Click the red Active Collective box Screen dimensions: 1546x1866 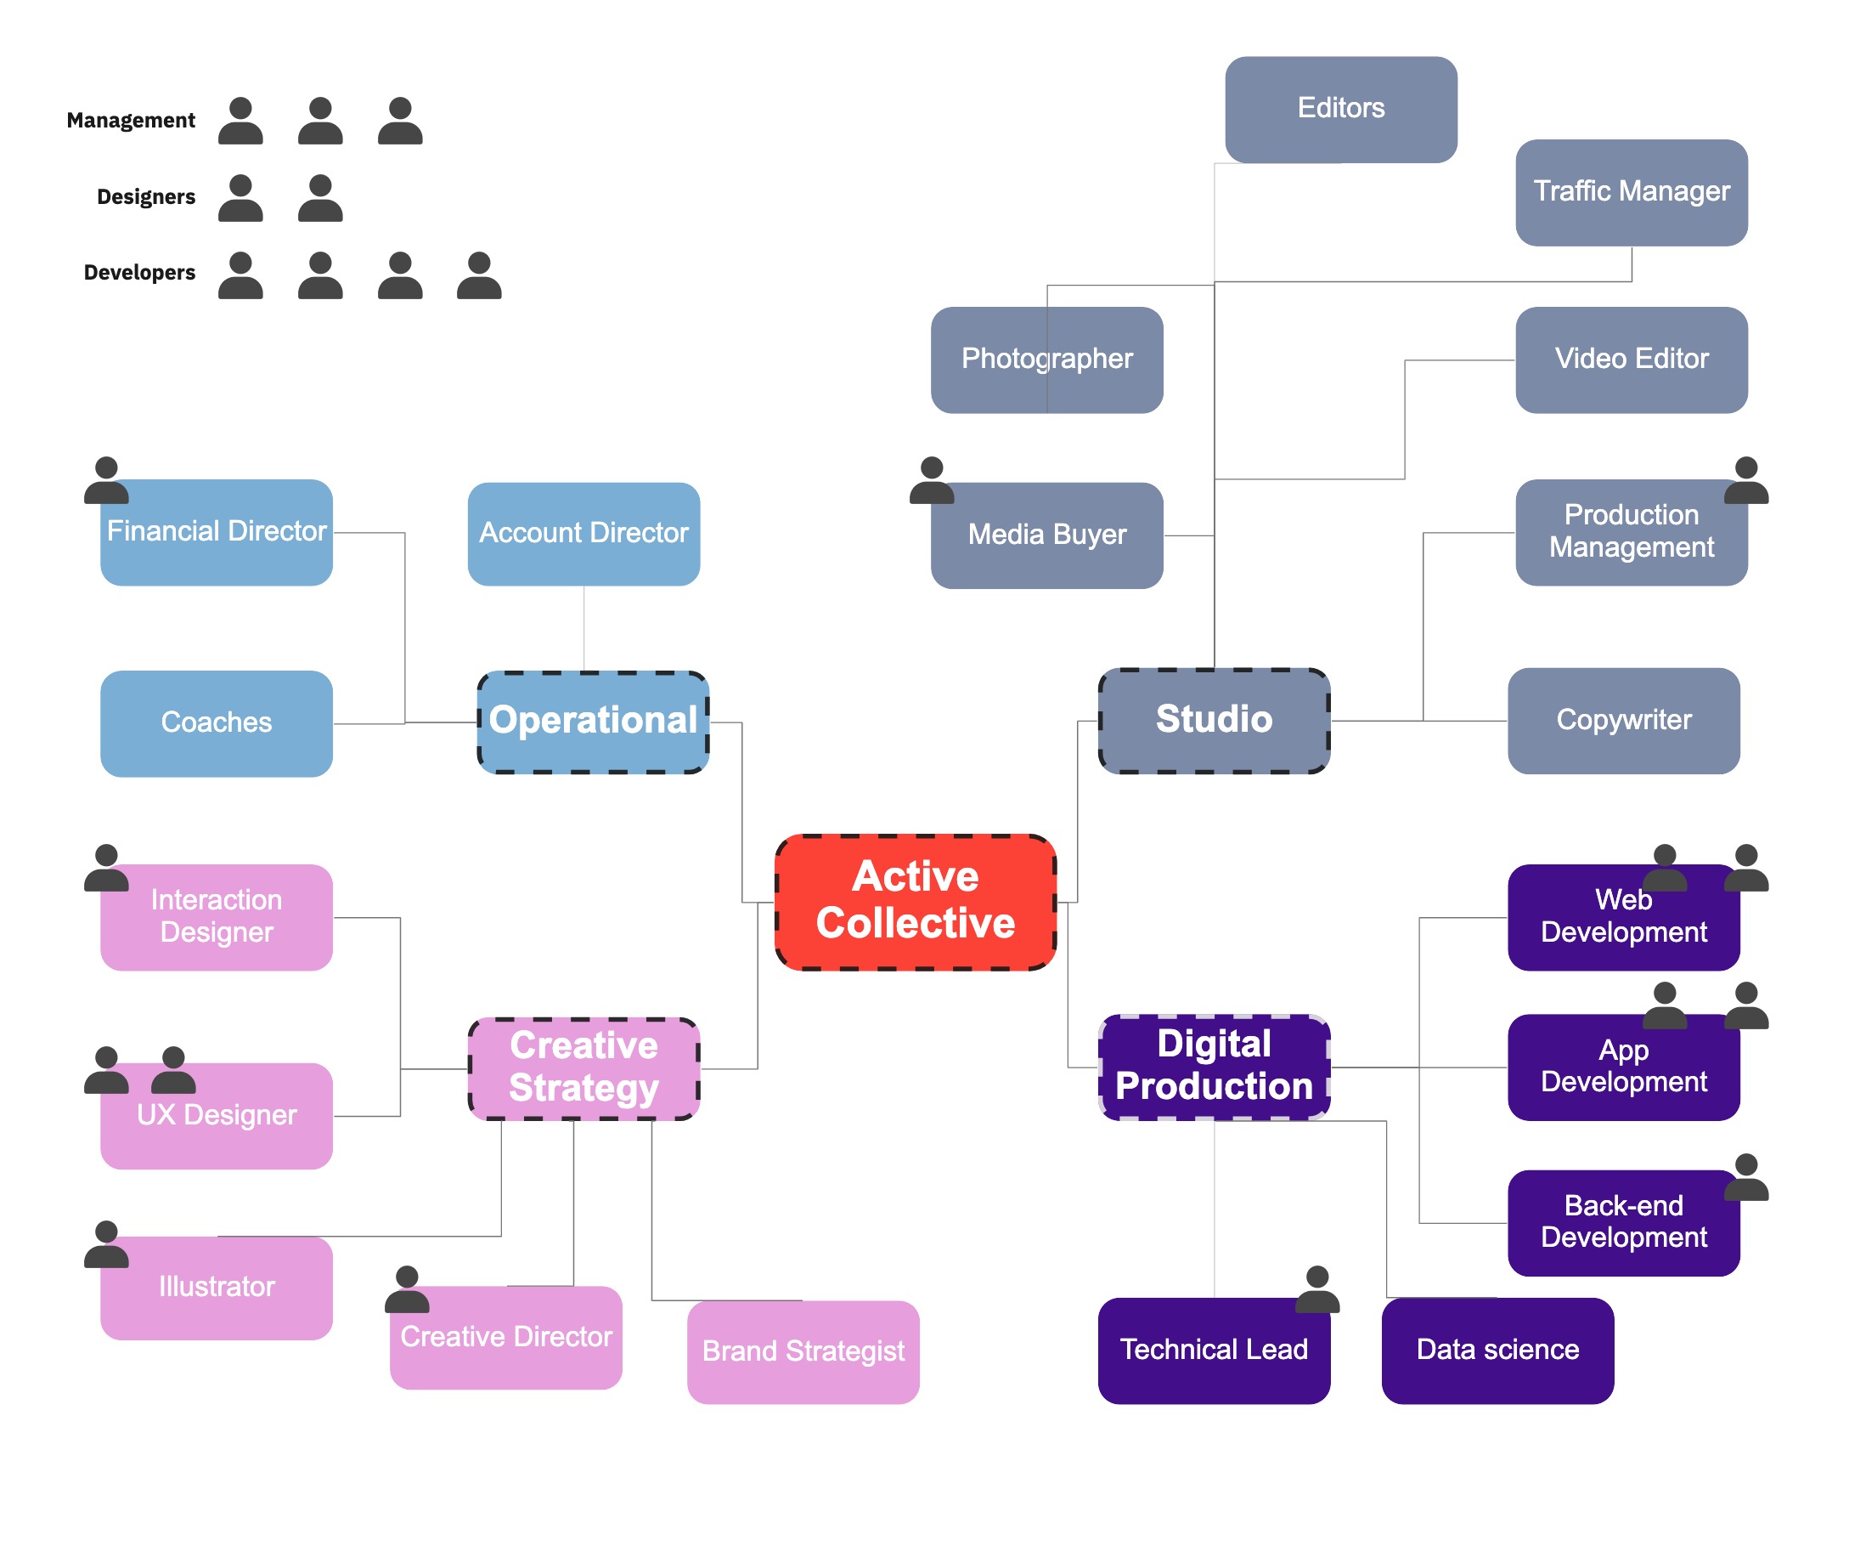click(x=916, y=902)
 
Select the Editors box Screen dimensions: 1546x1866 click(x=1340, y=109)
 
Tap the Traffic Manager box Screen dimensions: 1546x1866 click(x=1631, y=192)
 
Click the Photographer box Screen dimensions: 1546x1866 click(x=1046, y=360)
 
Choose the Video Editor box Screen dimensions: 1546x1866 click(x=1631, y=360)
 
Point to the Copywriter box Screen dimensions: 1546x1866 click(x=1622, y=720)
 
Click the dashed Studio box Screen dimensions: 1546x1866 click(x=1214, y=720)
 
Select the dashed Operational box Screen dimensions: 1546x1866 click(x=593, y=721)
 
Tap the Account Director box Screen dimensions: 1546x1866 click(x=583, y=534)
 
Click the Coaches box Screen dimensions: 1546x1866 click(x=216, y=722)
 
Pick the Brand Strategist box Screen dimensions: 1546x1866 click(x=803, y=1351)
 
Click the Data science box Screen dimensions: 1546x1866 click(x=1497, y=1350)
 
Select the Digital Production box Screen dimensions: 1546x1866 click(x=1214, y=1066)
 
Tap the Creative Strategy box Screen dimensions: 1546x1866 click(x=583, y=1067)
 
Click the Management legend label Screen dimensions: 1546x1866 click(x=131, y=121)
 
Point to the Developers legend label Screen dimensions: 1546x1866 click(x=139, y=273)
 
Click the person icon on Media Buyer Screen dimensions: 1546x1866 click(x=931, y=481)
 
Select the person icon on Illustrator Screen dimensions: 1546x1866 click(x=105, y=1243)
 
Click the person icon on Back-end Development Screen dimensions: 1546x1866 click(x=1745, y=1177)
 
